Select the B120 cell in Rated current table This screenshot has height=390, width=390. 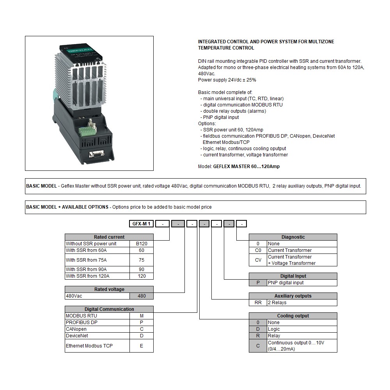[142, 244]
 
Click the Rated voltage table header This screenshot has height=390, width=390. [109, 289]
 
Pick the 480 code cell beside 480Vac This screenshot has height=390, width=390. [142, 296]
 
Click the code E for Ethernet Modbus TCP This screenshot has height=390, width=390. [142, 346]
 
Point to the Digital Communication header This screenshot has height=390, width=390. [109, 309]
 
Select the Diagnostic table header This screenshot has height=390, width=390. [293, 237]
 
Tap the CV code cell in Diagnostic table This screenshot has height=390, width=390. [258, 260]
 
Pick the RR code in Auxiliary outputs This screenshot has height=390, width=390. [258, 303]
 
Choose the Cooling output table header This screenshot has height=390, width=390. [293, 316]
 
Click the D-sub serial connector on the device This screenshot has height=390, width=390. [95, 154]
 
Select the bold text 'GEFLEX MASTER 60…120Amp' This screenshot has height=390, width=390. [246, 167]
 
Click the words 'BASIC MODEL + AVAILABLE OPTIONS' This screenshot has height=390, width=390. [67, 207]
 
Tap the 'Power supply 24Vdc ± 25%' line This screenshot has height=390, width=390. [227, 80]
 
